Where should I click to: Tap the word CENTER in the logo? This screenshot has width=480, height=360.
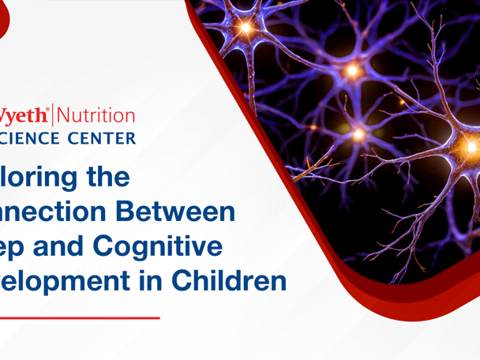[x=103, y=138]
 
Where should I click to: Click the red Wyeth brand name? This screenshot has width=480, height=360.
[x=23, y=116]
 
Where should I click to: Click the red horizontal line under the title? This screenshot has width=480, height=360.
[x=79, y=317]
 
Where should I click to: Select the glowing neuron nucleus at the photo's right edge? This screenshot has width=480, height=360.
[x=471, y=146]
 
